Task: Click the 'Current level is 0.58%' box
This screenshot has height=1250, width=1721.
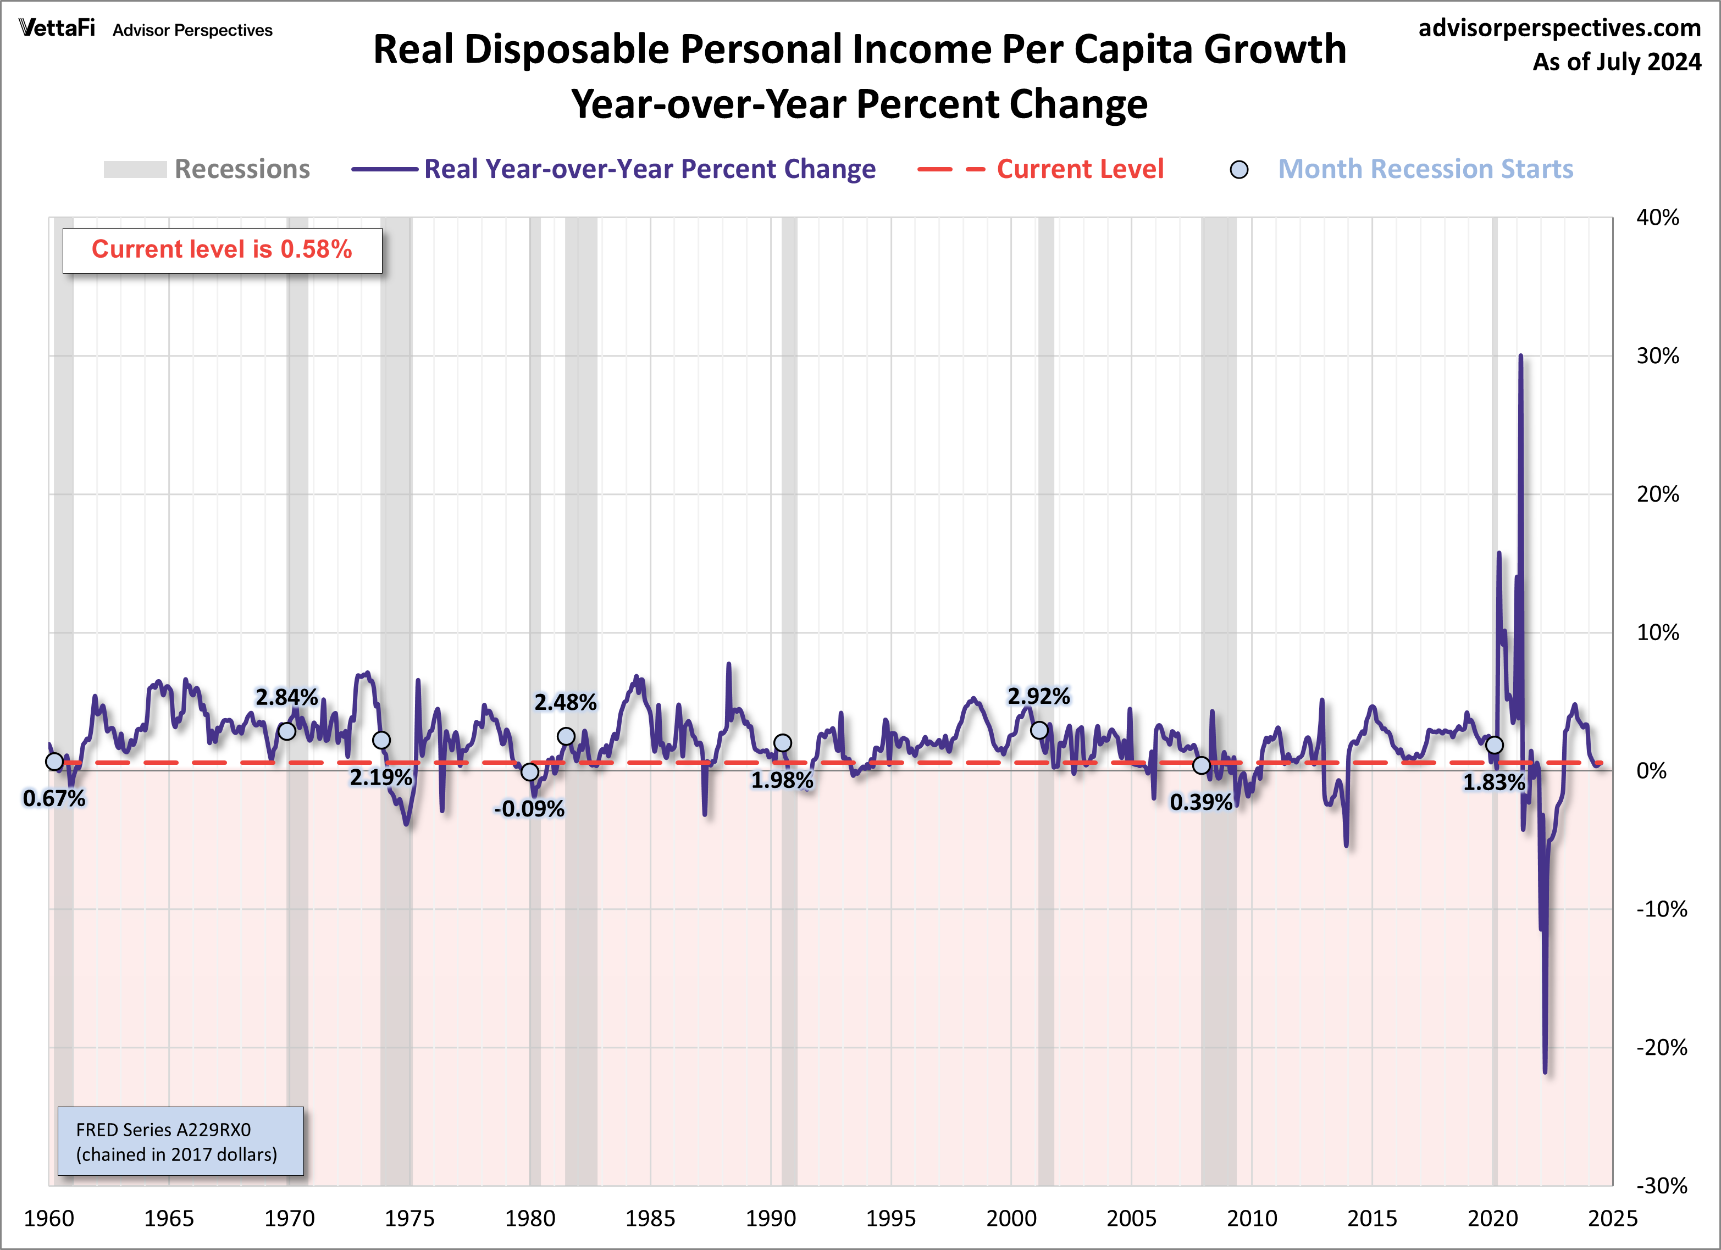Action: click(x=222, y=249)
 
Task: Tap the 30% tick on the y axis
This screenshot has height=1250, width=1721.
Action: click(x=1657, y=355)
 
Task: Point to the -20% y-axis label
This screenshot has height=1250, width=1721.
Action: click(x=1661, y=1047)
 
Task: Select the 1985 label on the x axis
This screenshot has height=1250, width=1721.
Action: click(x=650, y=1218)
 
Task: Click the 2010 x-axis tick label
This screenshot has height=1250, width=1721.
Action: click(x=1251, y=1218)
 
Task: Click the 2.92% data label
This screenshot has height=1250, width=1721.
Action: click(x=1038, y=696)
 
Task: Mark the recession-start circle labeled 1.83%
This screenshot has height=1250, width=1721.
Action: click(x=1494, y=745)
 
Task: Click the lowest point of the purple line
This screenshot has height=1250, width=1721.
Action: click(x=1545, y=1072)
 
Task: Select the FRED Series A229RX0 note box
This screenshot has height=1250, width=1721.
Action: click(x=181, y=1142)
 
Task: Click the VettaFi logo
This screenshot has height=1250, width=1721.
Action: click(x=58, y=29)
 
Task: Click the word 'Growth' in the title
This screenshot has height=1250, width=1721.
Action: click(x=1275, y=49)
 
